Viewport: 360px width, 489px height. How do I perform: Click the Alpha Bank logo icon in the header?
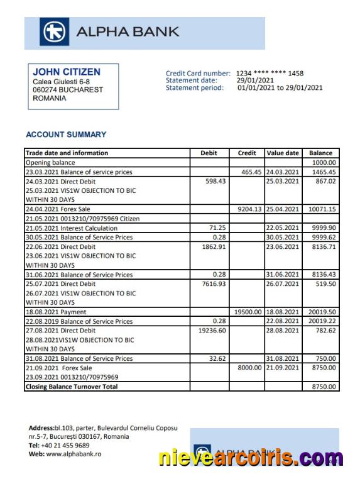click(55, 32)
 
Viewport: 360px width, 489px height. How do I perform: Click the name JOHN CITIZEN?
click(66, 72)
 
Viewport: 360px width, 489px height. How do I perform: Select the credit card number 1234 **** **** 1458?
click(270, 74)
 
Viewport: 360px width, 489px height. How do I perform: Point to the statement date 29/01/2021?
click(254, 80)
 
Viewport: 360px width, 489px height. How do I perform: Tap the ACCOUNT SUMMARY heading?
click(66, 135)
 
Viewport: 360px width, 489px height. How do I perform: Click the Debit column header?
click(209, 153)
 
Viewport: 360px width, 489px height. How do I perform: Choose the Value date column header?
click(283, 153)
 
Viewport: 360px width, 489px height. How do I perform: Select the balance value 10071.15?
click(322, 209)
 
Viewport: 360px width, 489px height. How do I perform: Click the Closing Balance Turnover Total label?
click(71, 387)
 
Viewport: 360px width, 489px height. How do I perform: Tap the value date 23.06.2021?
click(283, 247)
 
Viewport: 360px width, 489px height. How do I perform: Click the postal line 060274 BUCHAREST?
click(67, 90)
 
